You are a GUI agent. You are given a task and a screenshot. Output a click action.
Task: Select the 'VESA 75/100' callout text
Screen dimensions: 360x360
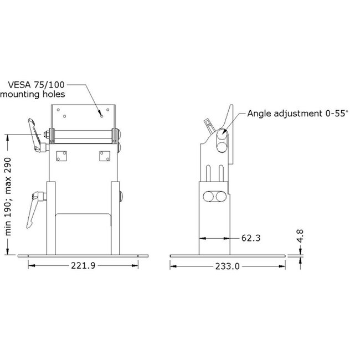(37, 85)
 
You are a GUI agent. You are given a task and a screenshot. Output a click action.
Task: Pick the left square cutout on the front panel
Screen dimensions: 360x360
(61, 157)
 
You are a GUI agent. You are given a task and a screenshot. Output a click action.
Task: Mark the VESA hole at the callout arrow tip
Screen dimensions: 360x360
(101, 116)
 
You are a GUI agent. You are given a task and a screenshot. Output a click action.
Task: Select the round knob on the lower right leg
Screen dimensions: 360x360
(121, 196)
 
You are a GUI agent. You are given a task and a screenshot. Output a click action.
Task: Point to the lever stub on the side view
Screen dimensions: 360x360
(208, 122)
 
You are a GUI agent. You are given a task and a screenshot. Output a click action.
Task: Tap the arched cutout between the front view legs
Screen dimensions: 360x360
(83, 222)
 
